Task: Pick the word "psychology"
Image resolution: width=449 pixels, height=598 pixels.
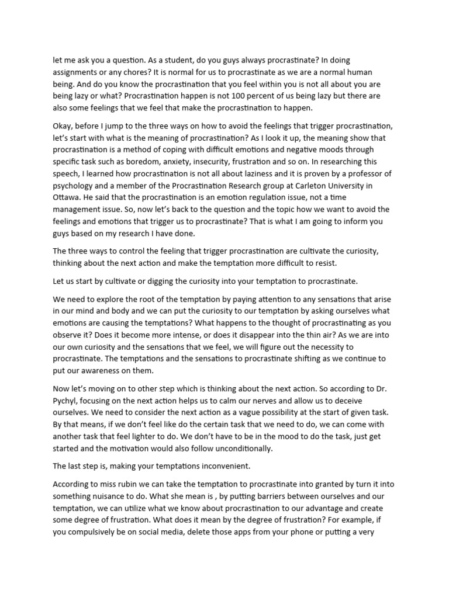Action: [74, 187]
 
